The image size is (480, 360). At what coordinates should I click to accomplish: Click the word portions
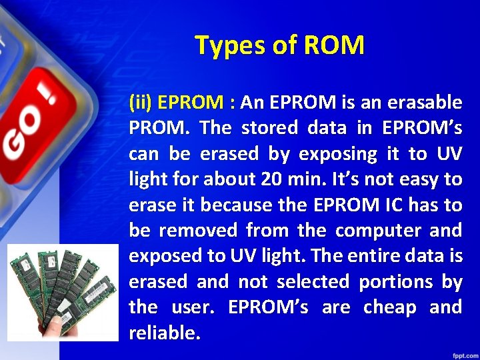[396, 282]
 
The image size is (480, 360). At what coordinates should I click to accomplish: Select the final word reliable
[164, 333]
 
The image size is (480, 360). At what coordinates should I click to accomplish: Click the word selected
[313, 282]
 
